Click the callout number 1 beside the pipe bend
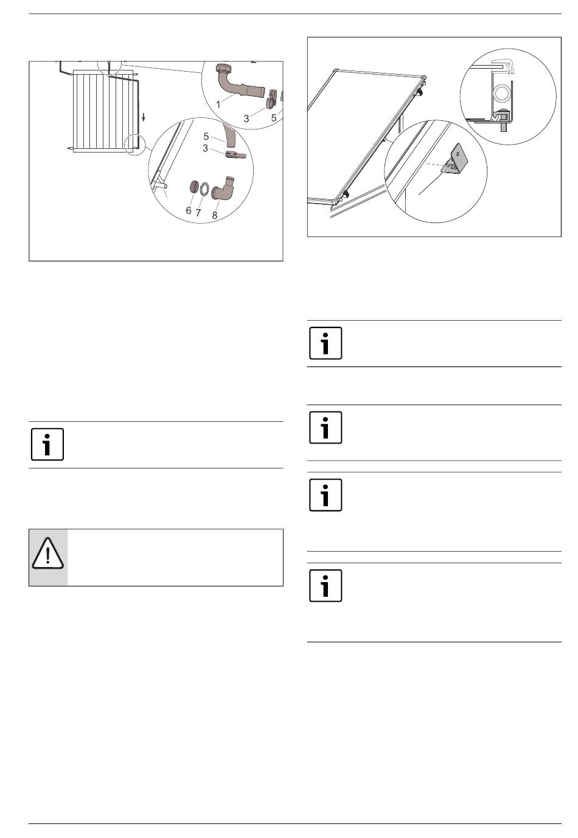218,104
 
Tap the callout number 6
189,210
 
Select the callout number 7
198,213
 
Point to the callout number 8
215,215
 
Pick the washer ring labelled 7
204,188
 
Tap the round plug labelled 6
194,186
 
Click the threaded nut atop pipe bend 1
224,69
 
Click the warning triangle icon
47,553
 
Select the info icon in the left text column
47,444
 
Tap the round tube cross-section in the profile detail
501,93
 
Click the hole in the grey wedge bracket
457,153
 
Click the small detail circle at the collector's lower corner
134,144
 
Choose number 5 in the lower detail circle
206,136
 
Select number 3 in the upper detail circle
246,118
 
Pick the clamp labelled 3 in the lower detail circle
235,154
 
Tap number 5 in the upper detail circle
274,118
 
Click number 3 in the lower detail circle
205,148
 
